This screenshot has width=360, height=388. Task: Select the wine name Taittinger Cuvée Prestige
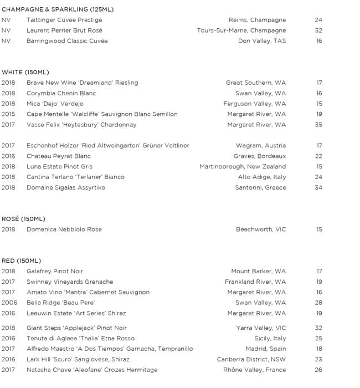coord(64,20)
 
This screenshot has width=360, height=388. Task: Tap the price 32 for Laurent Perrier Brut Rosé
coord(318,30)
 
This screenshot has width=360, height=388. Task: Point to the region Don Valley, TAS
coord(262,41)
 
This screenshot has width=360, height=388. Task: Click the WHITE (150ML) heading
coord(25,72)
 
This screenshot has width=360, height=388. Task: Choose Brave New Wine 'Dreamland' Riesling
coord(83,83)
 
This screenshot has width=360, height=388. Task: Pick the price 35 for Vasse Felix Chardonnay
coord(318,125)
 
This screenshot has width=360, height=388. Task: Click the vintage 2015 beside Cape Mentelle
coord(8,114)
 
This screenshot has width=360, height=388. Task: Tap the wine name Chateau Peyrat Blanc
coord(59,156)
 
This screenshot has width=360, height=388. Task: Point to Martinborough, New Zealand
coord(243,167)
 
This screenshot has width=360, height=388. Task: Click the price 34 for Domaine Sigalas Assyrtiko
coord(318,188)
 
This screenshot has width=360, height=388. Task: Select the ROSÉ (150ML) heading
coord(24,219)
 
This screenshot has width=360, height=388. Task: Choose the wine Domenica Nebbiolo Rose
coord(64,229)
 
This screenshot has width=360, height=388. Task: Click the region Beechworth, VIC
coord(261,229)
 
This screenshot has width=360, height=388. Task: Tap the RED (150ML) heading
coord(21,261)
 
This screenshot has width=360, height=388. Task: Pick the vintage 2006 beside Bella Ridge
coord(9,303)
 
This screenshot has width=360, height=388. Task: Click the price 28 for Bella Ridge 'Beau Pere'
coord(318,303)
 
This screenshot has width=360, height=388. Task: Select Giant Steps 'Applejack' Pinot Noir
coord(76,328)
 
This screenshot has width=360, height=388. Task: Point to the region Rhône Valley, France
coord(254,370)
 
